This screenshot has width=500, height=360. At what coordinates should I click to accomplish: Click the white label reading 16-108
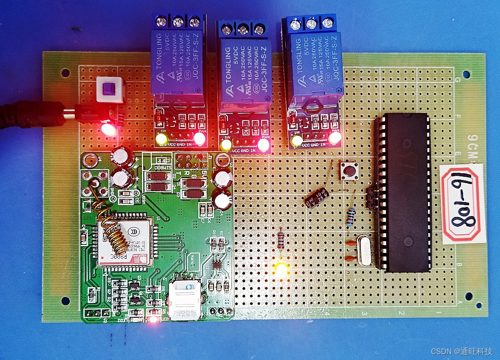[463, 203]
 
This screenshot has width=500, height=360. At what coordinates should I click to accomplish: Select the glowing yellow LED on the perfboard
[281, 269]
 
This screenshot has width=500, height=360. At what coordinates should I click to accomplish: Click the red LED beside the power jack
[108, 130]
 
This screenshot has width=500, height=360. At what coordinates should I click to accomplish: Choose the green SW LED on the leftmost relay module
[161, 139]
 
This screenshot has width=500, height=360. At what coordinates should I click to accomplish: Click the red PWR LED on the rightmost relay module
[334, 139]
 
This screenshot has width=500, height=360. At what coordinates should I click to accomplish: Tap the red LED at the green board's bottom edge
[153, 320]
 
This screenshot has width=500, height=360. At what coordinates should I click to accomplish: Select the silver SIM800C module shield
[126, 243]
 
